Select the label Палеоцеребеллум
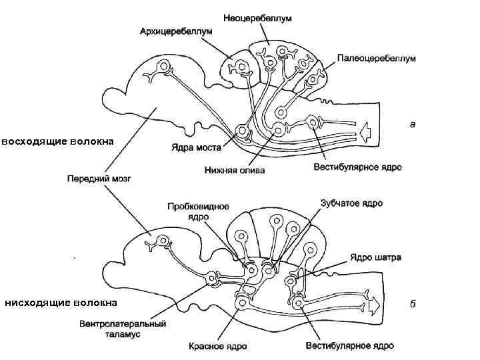point(376,59)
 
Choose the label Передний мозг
point(100,179)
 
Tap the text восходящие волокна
point(57,141)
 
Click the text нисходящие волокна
point(61,303)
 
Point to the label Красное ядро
point(217,346)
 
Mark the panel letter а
point(413,123)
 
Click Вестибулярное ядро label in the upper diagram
point(357,167)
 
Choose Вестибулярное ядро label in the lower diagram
point(349,346)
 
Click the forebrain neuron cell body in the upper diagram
point(163,67)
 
